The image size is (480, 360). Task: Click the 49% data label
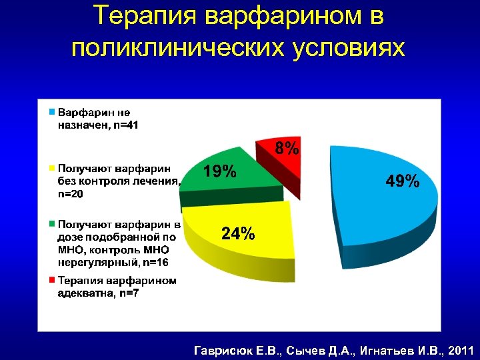pyautogui.click(x=403, y=180)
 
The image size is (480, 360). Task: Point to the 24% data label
pyautogui.click(x=237, y=233)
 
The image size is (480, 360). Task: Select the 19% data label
pyautogui.click(x=219, y=172)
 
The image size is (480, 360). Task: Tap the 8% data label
pyautogui.click(x=287, y=148)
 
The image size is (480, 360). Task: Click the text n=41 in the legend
pyautogui.click(x=125, y=124)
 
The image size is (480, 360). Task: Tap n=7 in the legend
pyautogui.click(x=125, y=294)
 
